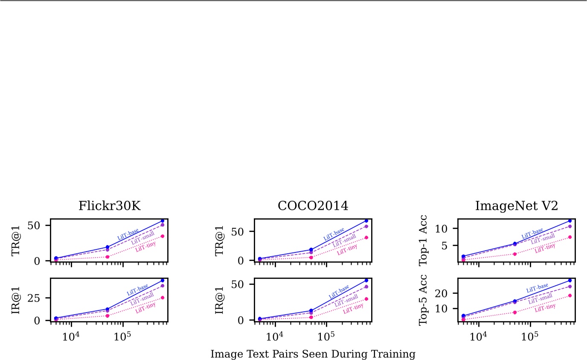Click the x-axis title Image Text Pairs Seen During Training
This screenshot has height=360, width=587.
313,354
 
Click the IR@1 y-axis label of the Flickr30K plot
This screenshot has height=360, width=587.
17,299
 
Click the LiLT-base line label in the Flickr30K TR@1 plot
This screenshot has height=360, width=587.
128,234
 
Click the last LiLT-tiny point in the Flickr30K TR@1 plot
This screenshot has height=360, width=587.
163,236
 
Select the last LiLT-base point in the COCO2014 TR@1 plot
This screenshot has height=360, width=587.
366,221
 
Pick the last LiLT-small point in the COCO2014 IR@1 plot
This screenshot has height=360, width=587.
366,287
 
